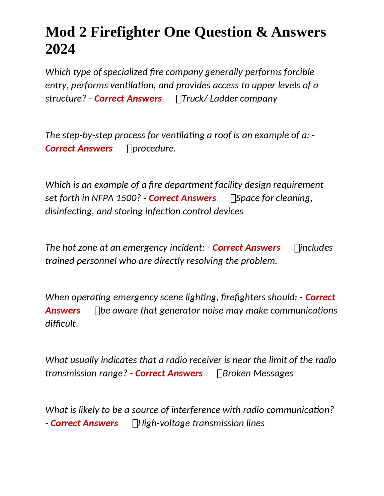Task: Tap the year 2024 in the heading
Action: pos(60,49)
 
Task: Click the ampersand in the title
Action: pos(262,32)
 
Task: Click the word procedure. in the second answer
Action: pos(154,148)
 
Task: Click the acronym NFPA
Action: pos(103,198)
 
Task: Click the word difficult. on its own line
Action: pos(61,323)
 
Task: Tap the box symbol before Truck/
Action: pos(178,99)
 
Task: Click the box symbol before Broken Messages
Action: pos(220,373)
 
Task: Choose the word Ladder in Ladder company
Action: pos(222,99)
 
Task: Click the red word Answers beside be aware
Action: pos(63,310)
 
